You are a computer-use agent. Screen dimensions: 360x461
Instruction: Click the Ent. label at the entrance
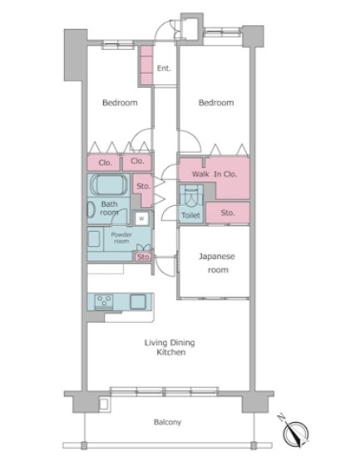click(164, 68)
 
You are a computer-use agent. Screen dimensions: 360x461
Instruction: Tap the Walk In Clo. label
click(215, 174)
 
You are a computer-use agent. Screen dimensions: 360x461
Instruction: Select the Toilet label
click(190, 215)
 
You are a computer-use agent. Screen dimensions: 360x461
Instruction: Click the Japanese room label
click(217, 262)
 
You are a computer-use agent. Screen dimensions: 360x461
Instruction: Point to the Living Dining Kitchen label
click(170, 347)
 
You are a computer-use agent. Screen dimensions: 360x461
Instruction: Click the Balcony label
click(167, 422)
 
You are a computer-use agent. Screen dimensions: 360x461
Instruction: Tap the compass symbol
click(294, 432)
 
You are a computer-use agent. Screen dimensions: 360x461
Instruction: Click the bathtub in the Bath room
click(109, 184)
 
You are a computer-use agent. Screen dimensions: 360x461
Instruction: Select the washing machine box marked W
click(141, 218)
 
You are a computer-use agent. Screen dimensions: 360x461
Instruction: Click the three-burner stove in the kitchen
click(104, 301)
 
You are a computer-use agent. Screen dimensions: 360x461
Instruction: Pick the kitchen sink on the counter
click(138, 302)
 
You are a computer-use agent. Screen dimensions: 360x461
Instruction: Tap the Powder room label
click(121, 238)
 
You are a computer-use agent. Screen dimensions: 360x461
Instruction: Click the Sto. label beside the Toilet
click(228, 213)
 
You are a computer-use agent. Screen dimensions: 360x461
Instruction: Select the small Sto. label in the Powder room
click(144, 257)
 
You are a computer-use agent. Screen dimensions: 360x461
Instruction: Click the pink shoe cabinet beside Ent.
click(146, 65)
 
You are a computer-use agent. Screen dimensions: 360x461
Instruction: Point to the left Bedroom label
click(120, 103)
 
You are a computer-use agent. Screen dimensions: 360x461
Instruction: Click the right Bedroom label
click(216, 103)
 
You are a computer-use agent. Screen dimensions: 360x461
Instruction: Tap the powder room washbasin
click(95, 238)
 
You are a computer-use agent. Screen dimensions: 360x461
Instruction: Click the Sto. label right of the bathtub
click(143, 186)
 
